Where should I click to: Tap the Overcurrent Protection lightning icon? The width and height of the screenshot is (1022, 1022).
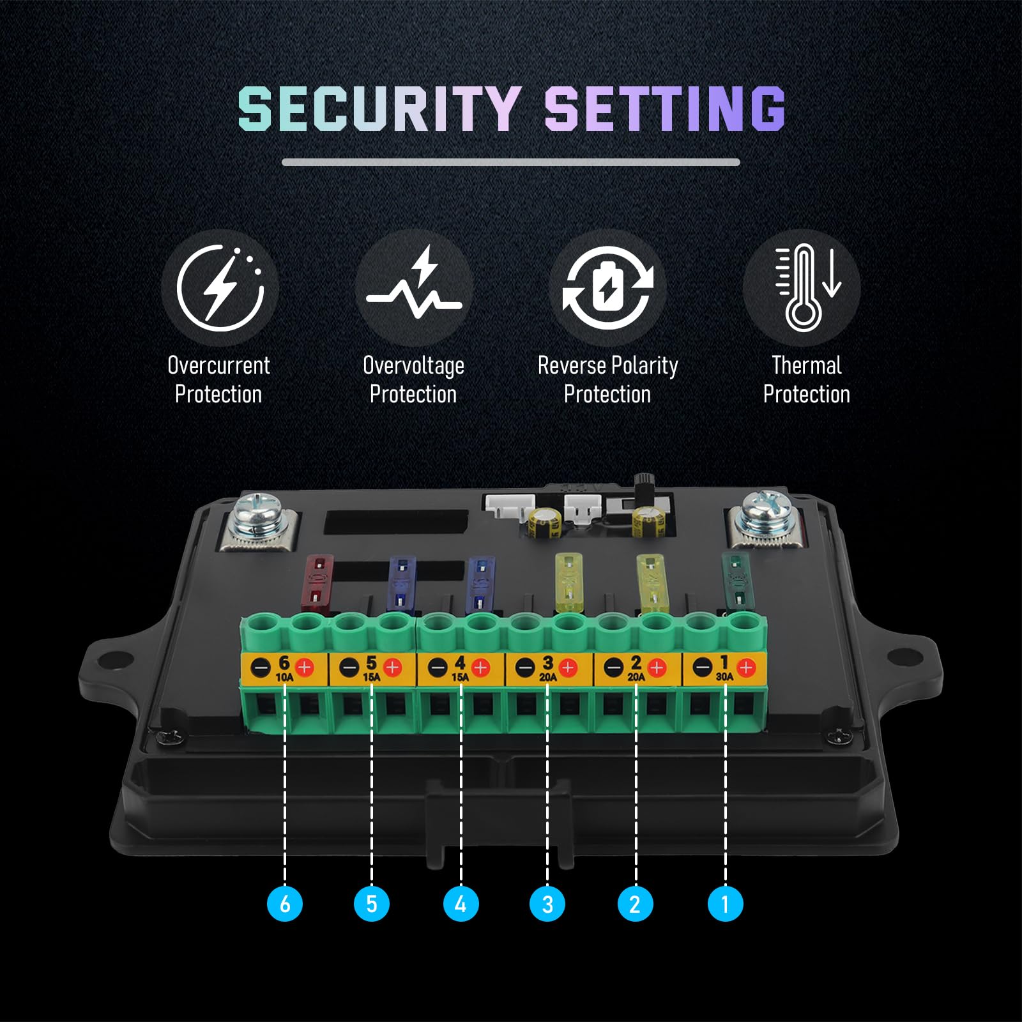coord(220,287)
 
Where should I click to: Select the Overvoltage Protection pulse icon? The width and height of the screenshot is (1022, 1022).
coord(414,287)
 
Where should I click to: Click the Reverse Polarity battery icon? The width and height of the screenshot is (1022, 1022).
coord(607,287)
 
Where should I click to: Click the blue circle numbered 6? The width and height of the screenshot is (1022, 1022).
coord(284,903)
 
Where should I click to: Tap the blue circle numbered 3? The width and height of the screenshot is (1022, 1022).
coord(547,903)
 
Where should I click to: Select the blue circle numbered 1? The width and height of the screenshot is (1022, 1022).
coord(725,903)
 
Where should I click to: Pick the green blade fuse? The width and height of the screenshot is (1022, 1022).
coord(736,581)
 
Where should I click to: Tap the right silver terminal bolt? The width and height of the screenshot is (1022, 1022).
coord(764,515)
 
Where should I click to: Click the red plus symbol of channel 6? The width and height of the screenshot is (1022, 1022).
coord(305,668)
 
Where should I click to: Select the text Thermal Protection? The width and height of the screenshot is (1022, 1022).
coord(806,380)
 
